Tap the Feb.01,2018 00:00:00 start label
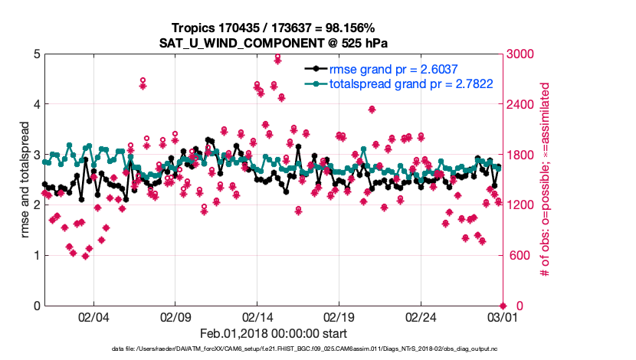coord(273,334)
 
